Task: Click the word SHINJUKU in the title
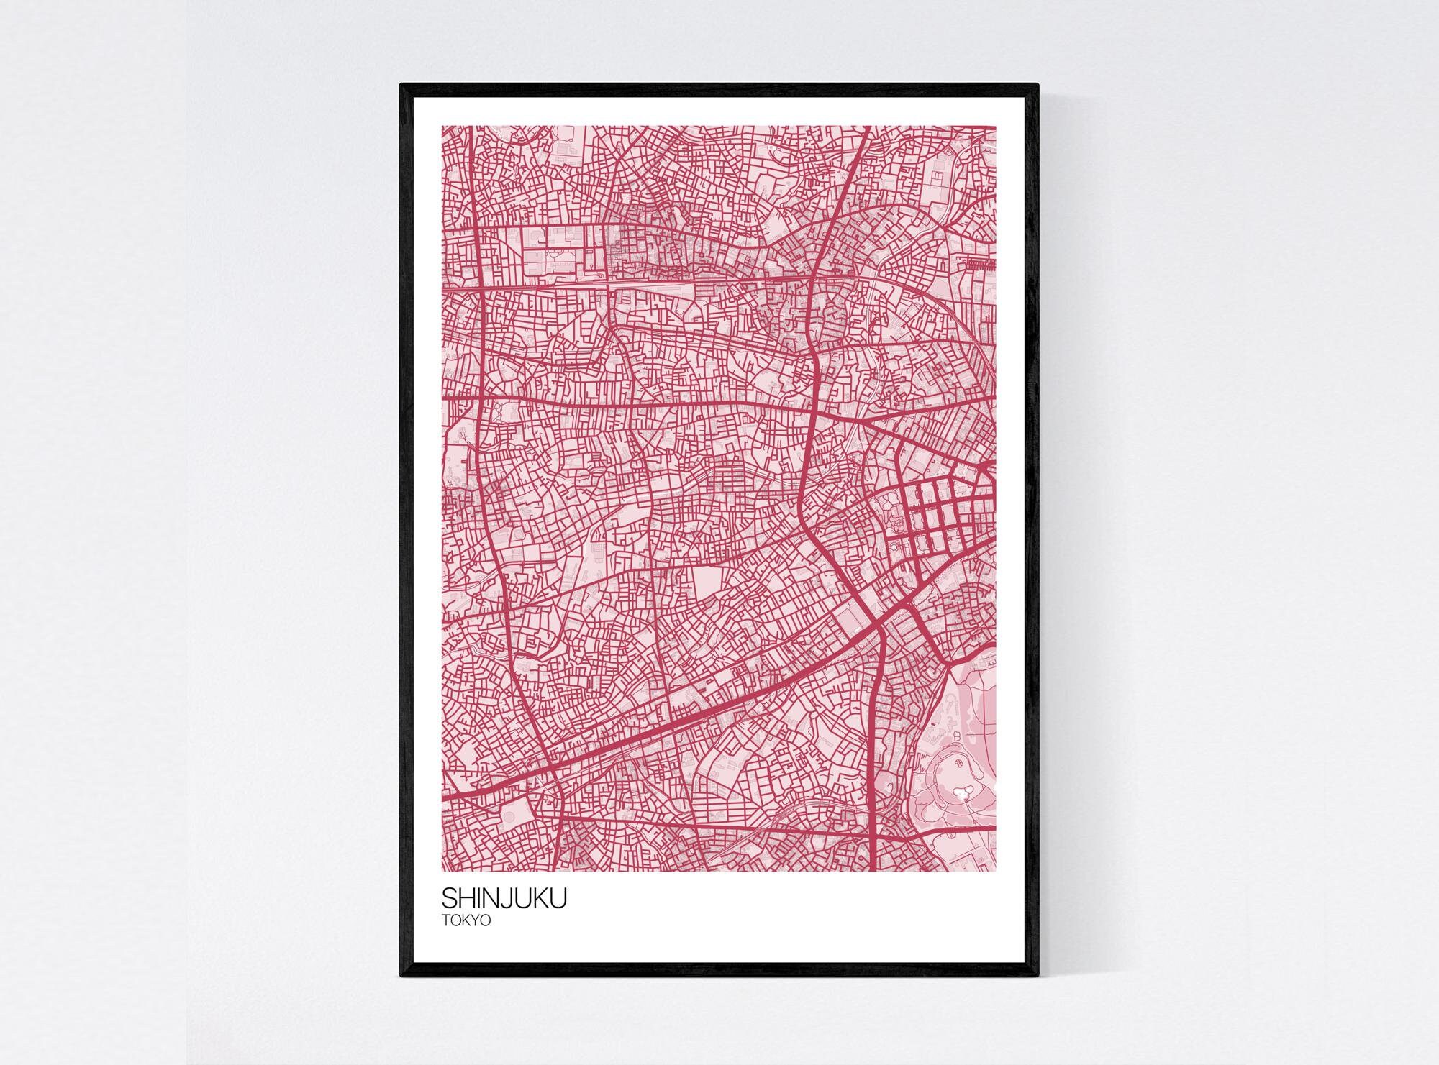(504, 898)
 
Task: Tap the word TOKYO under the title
(466, 920)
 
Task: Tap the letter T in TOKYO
(445, 920)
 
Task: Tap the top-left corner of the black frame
(401, 86)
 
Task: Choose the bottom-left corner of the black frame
(401, 976)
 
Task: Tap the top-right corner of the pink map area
(996, 127)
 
